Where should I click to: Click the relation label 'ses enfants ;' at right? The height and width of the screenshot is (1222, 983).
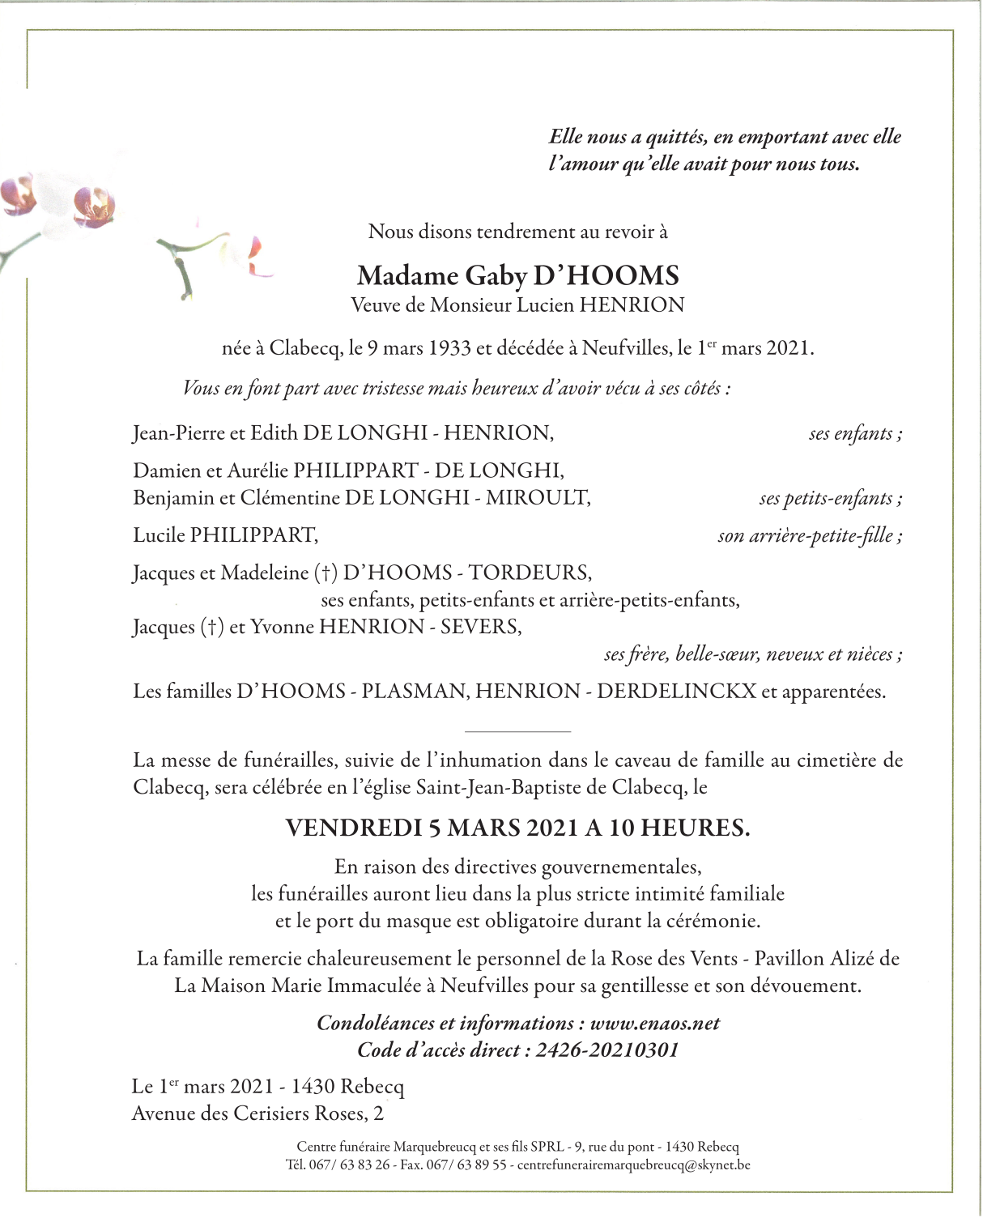854,434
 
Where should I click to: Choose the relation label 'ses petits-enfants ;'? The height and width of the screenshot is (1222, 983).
830,499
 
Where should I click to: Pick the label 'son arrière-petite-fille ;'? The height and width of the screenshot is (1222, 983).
809,536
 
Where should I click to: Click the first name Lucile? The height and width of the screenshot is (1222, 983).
159,535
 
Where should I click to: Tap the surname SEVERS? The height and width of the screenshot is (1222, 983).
480,627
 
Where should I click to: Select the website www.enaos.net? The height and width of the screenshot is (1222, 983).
654,1024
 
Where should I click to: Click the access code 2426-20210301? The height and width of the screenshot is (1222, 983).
606,1051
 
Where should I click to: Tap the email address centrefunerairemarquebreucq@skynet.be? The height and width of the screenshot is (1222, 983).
633,1165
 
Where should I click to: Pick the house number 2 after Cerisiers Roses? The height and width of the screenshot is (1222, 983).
378,1114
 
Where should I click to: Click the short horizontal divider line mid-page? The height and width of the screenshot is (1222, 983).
518,731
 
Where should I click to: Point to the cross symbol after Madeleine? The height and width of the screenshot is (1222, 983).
326,573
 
